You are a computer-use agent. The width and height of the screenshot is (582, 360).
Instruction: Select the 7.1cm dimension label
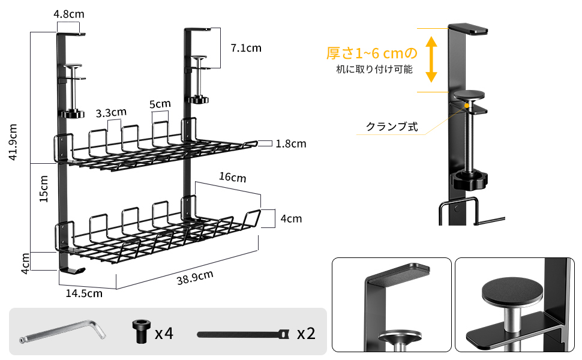pos(246,47)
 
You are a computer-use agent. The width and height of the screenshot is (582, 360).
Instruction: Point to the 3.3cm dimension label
pos(111,112)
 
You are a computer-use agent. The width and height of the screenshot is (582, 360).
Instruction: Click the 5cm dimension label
pos(160,104)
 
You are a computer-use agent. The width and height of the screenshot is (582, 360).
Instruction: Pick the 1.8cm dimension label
pos(291,143)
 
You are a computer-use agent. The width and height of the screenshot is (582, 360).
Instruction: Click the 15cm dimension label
pos(44,189)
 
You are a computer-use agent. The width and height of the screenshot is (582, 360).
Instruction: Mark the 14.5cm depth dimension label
pos(84,293)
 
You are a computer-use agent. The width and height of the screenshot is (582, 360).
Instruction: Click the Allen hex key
pos(62,331)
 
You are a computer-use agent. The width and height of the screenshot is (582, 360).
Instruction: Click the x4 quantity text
pos(164,333)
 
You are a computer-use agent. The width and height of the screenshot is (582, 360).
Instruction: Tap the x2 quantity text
pos(305,333)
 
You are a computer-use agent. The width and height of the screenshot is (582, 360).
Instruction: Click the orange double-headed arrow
pos(430,58)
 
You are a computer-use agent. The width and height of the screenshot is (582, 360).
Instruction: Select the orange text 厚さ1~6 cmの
pos(371,53)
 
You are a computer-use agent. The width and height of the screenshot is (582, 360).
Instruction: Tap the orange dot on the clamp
pos(467,106)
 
